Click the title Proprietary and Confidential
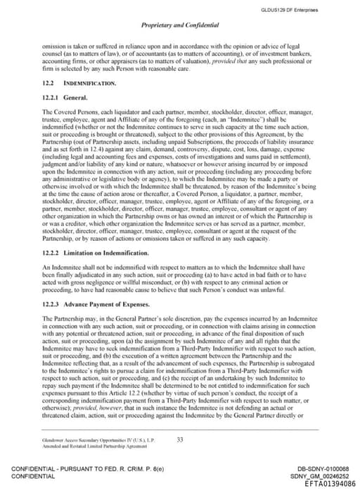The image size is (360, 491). pos(180,25)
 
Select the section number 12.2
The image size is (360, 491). pos(49,83)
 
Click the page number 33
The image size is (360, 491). pos(180,440)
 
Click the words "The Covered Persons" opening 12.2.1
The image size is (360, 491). pos(65,112)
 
